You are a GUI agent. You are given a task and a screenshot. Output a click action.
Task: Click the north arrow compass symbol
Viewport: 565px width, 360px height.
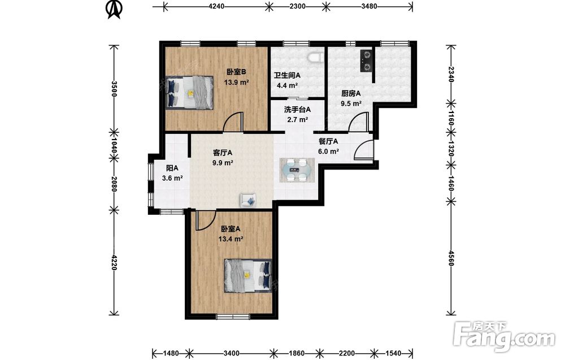[114, 9]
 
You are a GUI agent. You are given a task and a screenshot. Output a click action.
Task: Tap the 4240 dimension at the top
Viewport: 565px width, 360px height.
[216, 6]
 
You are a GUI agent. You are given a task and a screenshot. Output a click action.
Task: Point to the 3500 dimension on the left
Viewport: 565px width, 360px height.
[114, 89]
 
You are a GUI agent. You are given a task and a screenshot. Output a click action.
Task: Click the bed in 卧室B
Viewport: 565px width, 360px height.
[189, 92]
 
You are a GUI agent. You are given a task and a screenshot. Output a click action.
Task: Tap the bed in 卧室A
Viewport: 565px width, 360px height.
[248, 276]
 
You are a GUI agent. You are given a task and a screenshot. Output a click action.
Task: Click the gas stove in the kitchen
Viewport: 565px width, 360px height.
[366, 60]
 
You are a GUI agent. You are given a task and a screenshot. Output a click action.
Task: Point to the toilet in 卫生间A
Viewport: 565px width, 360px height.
[316, 57]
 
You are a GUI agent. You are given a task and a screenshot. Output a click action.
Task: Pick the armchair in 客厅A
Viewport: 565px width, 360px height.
[248, 201]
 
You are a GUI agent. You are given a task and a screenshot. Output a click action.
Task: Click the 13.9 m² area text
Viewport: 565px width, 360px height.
[236, 82]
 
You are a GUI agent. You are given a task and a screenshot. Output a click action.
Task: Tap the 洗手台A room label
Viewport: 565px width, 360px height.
[297, 110]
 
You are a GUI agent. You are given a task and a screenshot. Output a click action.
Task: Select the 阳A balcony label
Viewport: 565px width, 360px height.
[172, 168]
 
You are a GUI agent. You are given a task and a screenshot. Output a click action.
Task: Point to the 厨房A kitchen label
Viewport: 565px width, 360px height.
[351, 94]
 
